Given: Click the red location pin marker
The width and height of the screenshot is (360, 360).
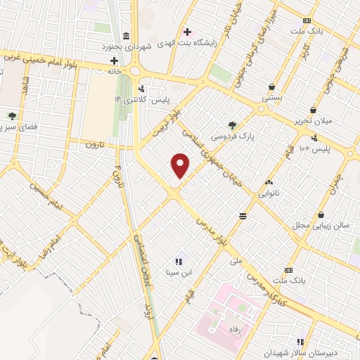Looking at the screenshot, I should pos(181,165).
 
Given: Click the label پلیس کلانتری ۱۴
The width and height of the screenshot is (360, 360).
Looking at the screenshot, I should pos(129,101).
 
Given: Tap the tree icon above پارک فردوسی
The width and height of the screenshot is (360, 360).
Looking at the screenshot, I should pos(233,122).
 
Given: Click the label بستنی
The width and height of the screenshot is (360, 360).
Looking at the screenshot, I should pos(271,98).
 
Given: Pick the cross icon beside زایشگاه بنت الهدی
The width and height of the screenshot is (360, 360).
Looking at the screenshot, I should pos(186,32).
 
